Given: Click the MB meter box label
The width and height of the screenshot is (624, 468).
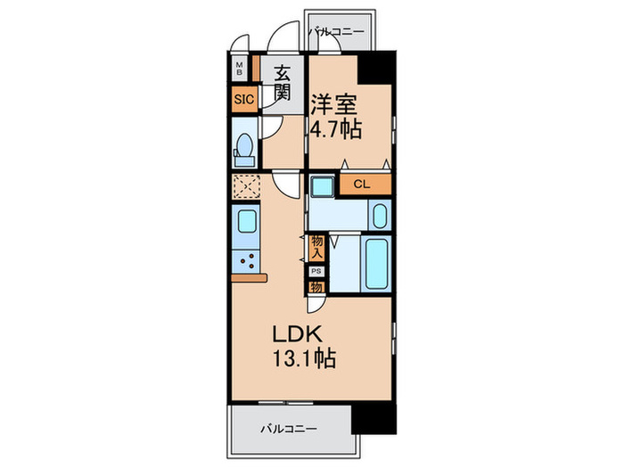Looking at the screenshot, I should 240,70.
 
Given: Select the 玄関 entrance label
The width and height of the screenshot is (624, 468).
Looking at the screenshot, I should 283,82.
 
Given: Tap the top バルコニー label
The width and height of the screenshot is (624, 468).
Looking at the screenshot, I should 337,32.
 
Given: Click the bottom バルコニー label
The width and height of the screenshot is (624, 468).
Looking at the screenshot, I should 289,429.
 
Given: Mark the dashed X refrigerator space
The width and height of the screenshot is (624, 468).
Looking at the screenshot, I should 246,187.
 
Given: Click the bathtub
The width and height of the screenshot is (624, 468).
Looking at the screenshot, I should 374,262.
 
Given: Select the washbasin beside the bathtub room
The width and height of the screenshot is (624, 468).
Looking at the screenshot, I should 379,217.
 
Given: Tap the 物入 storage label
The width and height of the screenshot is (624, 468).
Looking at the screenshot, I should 316,247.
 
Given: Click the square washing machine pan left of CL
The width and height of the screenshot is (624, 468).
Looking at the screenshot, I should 322,185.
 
